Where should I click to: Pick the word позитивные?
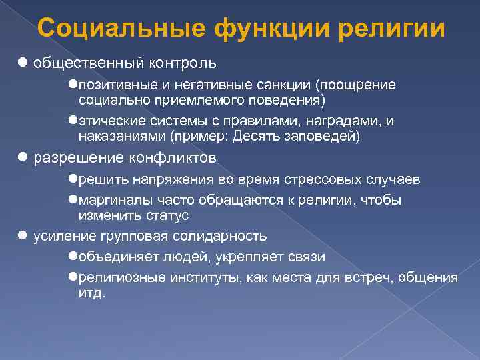[x=110, y=85]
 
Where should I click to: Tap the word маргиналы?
[x=109, y=201]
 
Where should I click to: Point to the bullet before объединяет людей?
[x=73, y=257]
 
